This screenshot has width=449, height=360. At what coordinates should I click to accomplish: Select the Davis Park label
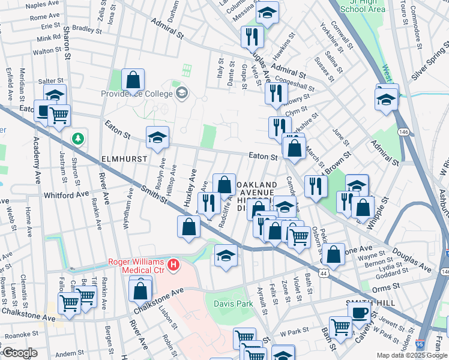coord(234,304)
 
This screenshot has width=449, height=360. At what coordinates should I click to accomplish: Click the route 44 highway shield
coord(324,272)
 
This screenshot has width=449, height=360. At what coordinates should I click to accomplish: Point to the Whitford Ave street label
coord(66,195)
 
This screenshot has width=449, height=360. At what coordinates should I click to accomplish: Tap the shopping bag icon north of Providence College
coord(133,80)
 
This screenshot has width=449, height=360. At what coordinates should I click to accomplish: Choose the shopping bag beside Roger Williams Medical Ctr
coord(140,290)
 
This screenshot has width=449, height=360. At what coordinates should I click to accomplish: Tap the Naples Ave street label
coord(44,5)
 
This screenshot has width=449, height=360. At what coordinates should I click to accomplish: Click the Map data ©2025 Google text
coord(412,355)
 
